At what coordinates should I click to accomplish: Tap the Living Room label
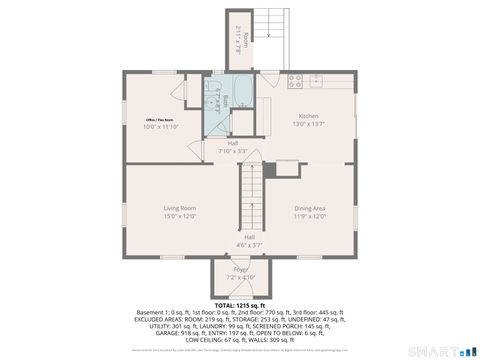tap(179, 208)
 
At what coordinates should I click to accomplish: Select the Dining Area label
tap(310, 208)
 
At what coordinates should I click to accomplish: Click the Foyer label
tap(240, 269)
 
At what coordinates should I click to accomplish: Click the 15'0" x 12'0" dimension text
tap(179, 216)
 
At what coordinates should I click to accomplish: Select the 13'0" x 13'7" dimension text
tap(310, 124)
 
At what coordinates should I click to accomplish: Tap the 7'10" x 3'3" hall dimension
tap(232, 151)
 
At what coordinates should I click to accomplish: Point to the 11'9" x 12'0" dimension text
tap(310, 216)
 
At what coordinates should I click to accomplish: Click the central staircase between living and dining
tap(252, 195)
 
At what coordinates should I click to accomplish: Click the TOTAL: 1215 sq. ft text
tap(239, 304)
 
